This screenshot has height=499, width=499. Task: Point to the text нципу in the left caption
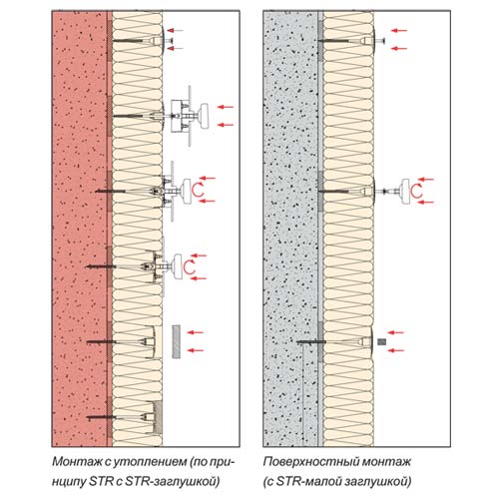pos(68,482)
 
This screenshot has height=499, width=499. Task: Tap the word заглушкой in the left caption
pos(187,481)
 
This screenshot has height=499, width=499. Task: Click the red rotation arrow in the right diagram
pos(416,191)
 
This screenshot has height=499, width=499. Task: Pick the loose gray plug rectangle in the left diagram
pos(177,341)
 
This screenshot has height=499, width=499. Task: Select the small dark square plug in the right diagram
pos(382,341)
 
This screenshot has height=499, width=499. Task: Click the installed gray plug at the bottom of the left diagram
pos(159,417)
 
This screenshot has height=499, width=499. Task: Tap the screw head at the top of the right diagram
pos(381,41)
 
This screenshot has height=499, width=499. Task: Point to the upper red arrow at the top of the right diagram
pos(399,31)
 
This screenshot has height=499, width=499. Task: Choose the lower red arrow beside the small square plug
pos(396,350)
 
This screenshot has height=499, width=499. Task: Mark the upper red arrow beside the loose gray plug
pos(196,332)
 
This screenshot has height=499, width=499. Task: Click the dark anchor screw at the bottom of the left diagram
pos(101,417)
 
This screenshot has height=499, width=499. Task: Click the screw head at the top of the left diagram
pos(171,41)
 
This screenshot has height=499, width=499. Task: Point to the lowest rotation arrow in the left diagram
pos(190,267)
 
